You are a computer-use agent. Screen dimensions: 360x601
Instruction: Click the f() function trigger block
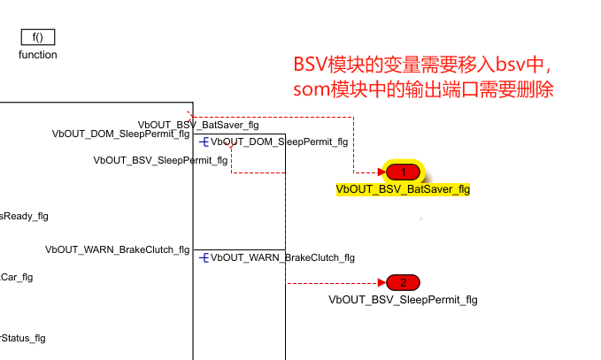tap(38, 36)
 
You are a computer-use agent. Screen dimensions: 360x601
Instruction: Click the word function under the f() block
tap(38, 55)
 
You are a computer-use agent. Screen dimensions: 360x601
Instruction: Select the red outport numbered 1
tap(403, 172)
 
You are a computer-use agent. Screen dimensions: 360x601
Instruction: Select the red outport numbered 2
tap(403, 283)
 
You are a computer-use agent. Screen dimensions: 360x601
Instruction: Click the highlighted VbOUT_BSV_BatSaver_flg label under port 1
tap(403, 188)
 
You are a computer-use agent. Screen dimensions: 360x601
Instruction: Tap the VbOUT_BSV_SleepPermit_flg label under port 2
tap(403, 300)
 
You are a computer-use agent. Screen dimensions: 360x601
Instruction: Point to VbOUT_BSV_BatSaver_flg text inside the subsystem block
tap(198, 124)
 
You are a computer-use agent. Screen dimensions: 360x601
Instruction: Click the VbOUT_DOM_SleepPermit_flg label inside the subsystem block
tap(120, 134)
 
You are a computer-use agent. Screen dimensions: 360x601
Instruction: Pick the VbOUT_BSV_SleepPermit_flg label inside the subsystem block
tap(142, 160)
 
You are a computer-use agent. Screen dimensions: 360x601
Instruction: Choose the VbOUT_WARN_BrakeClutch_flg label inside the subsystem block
tap(117, 249)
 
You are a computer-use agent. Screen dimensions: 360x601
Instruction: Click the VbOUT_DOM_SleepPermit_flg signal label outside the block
tap(279, 142)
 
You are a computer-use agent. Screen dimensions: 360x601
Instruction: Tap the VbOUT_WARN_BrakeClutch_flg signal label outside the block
tap(282, 257)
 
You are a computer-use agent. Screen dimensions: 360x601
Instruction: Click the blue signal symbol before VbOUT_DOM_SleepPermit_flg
tap(204, 142)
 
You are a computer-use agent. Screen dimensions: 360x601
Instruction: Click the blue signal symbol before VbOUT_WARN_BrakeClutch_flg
tap(204, 257)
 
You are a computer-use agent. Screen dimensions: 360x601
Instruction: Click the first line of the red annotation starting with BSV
tap(423, 65)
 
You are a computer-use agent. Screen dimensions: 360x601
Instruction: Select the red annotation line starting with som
tap(423, 90)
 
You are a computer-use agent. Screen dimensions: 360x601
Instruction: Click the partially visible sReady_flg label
tap(24, 216)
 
